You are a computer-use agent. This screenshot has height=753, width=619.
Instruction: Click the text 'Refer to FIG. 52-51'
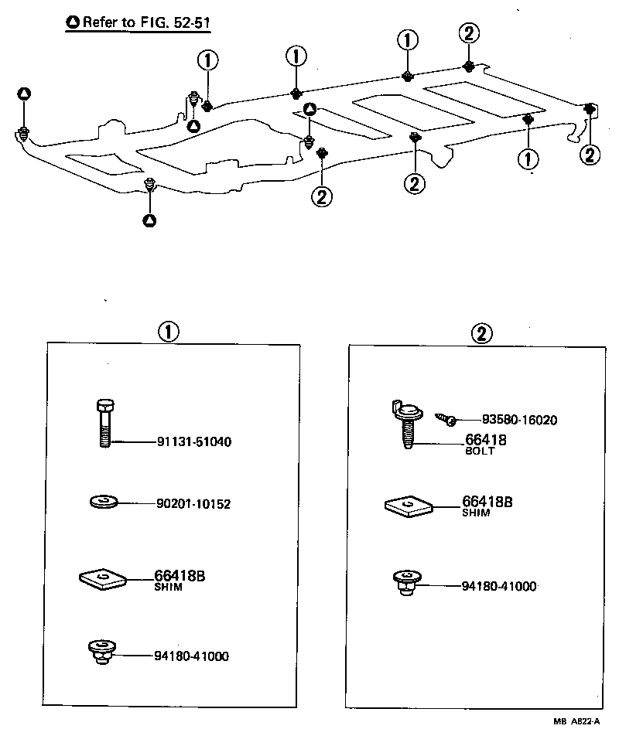[144, 22]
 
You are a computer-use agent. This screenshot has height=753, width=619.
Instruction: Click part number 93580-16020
[518, 420]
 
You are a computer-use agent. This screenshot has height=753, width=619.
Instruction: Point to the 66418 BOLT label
[485, 444]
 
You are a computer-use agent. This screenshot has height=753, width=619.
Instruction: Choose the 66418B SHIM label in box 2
[487, 506]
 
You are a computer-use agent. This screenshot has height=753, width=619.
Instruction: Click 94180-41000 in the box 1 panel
[190, 656]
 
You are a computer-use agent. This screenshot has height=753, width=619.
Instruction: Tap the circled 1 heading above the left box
[168, 332]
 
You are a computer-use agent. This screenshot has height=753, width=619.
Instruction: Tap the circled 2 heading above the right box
[481, 333]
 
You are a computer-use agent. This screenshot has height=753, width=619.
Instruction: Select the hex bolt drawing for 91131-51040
[104, 423]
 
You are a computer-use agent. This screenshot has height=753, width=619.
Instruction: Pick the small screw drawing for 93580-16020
[446, 419]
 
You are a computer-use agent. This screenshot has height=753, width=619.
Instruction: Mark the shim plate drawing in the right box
[409, 506]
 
